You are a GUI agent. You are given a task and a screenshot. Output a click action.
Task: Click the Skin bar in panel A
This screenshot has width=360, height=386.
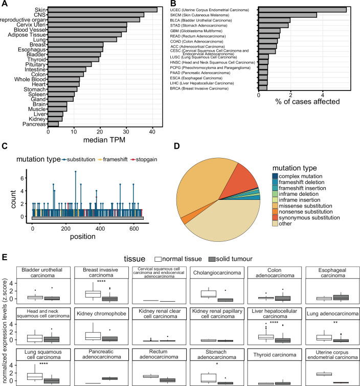pyautogui.click(x=102, y=9)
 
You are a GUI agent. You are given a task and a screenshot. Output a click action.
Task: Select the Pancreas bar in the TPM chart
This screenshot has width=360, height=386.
pyautogui.click(x=53, y=123)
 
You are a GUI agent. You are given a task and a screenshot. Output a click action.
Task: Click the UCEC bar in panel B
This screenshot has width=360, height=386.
pyautogui.click(x=302, y=9)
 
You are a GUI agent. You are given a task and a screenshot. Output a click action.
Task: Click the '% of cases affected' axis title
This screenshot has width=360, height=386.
pyautogui.click(x=306, y=101)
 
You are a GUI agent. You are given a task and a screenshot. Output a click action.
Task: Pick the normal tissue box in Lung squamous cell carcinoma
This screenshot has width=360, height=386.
pyautogui.click(x=34, y=361)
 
